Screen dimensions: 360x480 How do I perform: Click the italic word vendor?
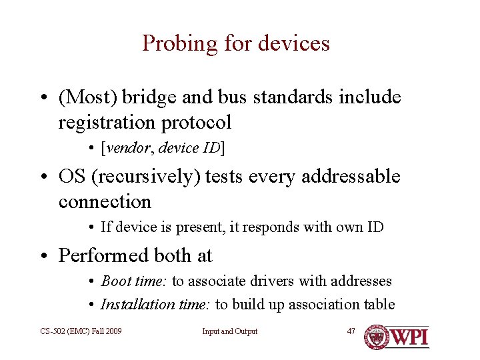coord(127,148)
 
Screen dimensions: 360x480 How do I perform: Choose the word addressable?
coord(351,177)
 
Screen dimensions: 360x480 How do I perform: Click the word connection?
coord(105,201)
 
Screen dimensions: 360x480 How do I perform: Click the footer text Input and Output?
coord(230,331)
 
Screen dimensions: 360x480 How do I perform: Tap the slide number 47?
coord(351,331)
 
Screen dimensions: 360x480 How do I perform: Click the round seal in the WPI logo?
coord(377,337)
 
